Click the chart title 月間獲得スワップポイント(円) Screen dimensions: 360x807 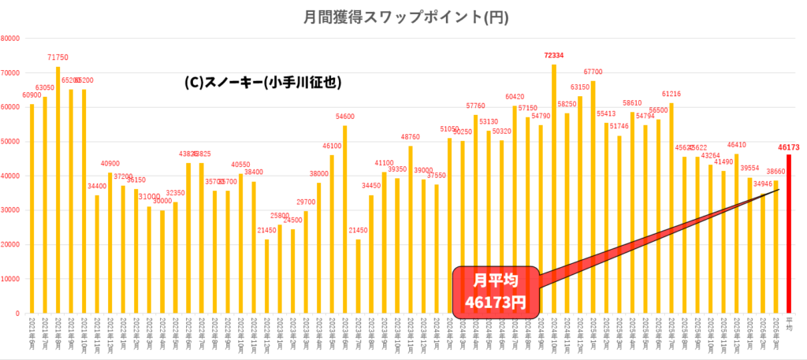coord(403,17)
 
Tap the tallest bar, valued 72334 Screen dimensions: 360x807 coord(553,189)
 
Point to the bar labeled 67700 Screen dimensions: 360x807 coord(593,197)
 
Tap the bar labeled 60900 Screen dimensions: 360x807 coord(32,209)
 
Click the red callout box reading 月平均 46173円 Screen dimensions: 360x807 coord(495,291)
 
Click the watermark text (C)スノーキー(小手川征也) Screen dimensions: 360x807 coord(262,82)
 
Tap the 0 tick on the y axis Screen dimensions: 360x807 coord(17,314)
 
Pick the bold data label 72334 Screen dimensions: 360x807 coord(553,55)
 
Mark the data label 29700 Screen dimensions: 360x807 coord(306,202)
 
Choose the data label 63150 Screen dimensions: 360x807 coord(580,87)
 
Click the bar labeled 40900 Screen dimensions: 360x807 coord(110,243)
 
